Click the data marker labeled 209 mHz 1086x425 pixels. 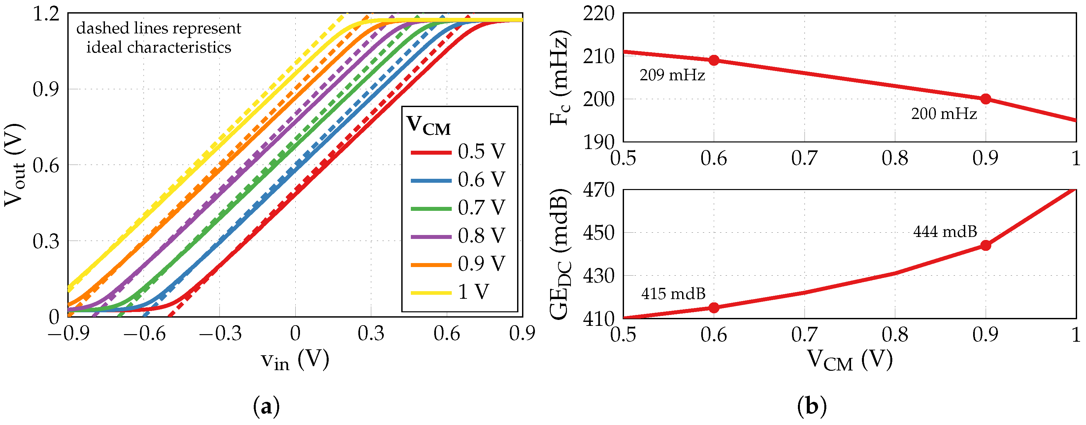714,60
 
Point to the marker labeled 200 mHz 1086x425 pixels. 986,99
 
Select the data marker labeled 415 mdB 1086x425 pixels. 714,308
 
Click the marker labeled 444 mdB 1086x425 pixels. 986,245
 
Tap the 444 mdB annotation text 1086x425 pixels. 945,232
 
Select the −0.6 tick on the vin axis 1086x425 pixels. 144,334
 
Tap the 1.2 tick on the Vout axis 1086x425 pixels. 47,14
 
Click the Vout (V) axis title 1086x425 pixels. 14,165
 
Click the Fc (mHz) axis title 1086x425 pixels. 560,78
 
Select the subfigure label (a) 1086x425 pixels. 266,407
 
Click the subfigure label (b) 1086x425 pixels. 812,407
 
